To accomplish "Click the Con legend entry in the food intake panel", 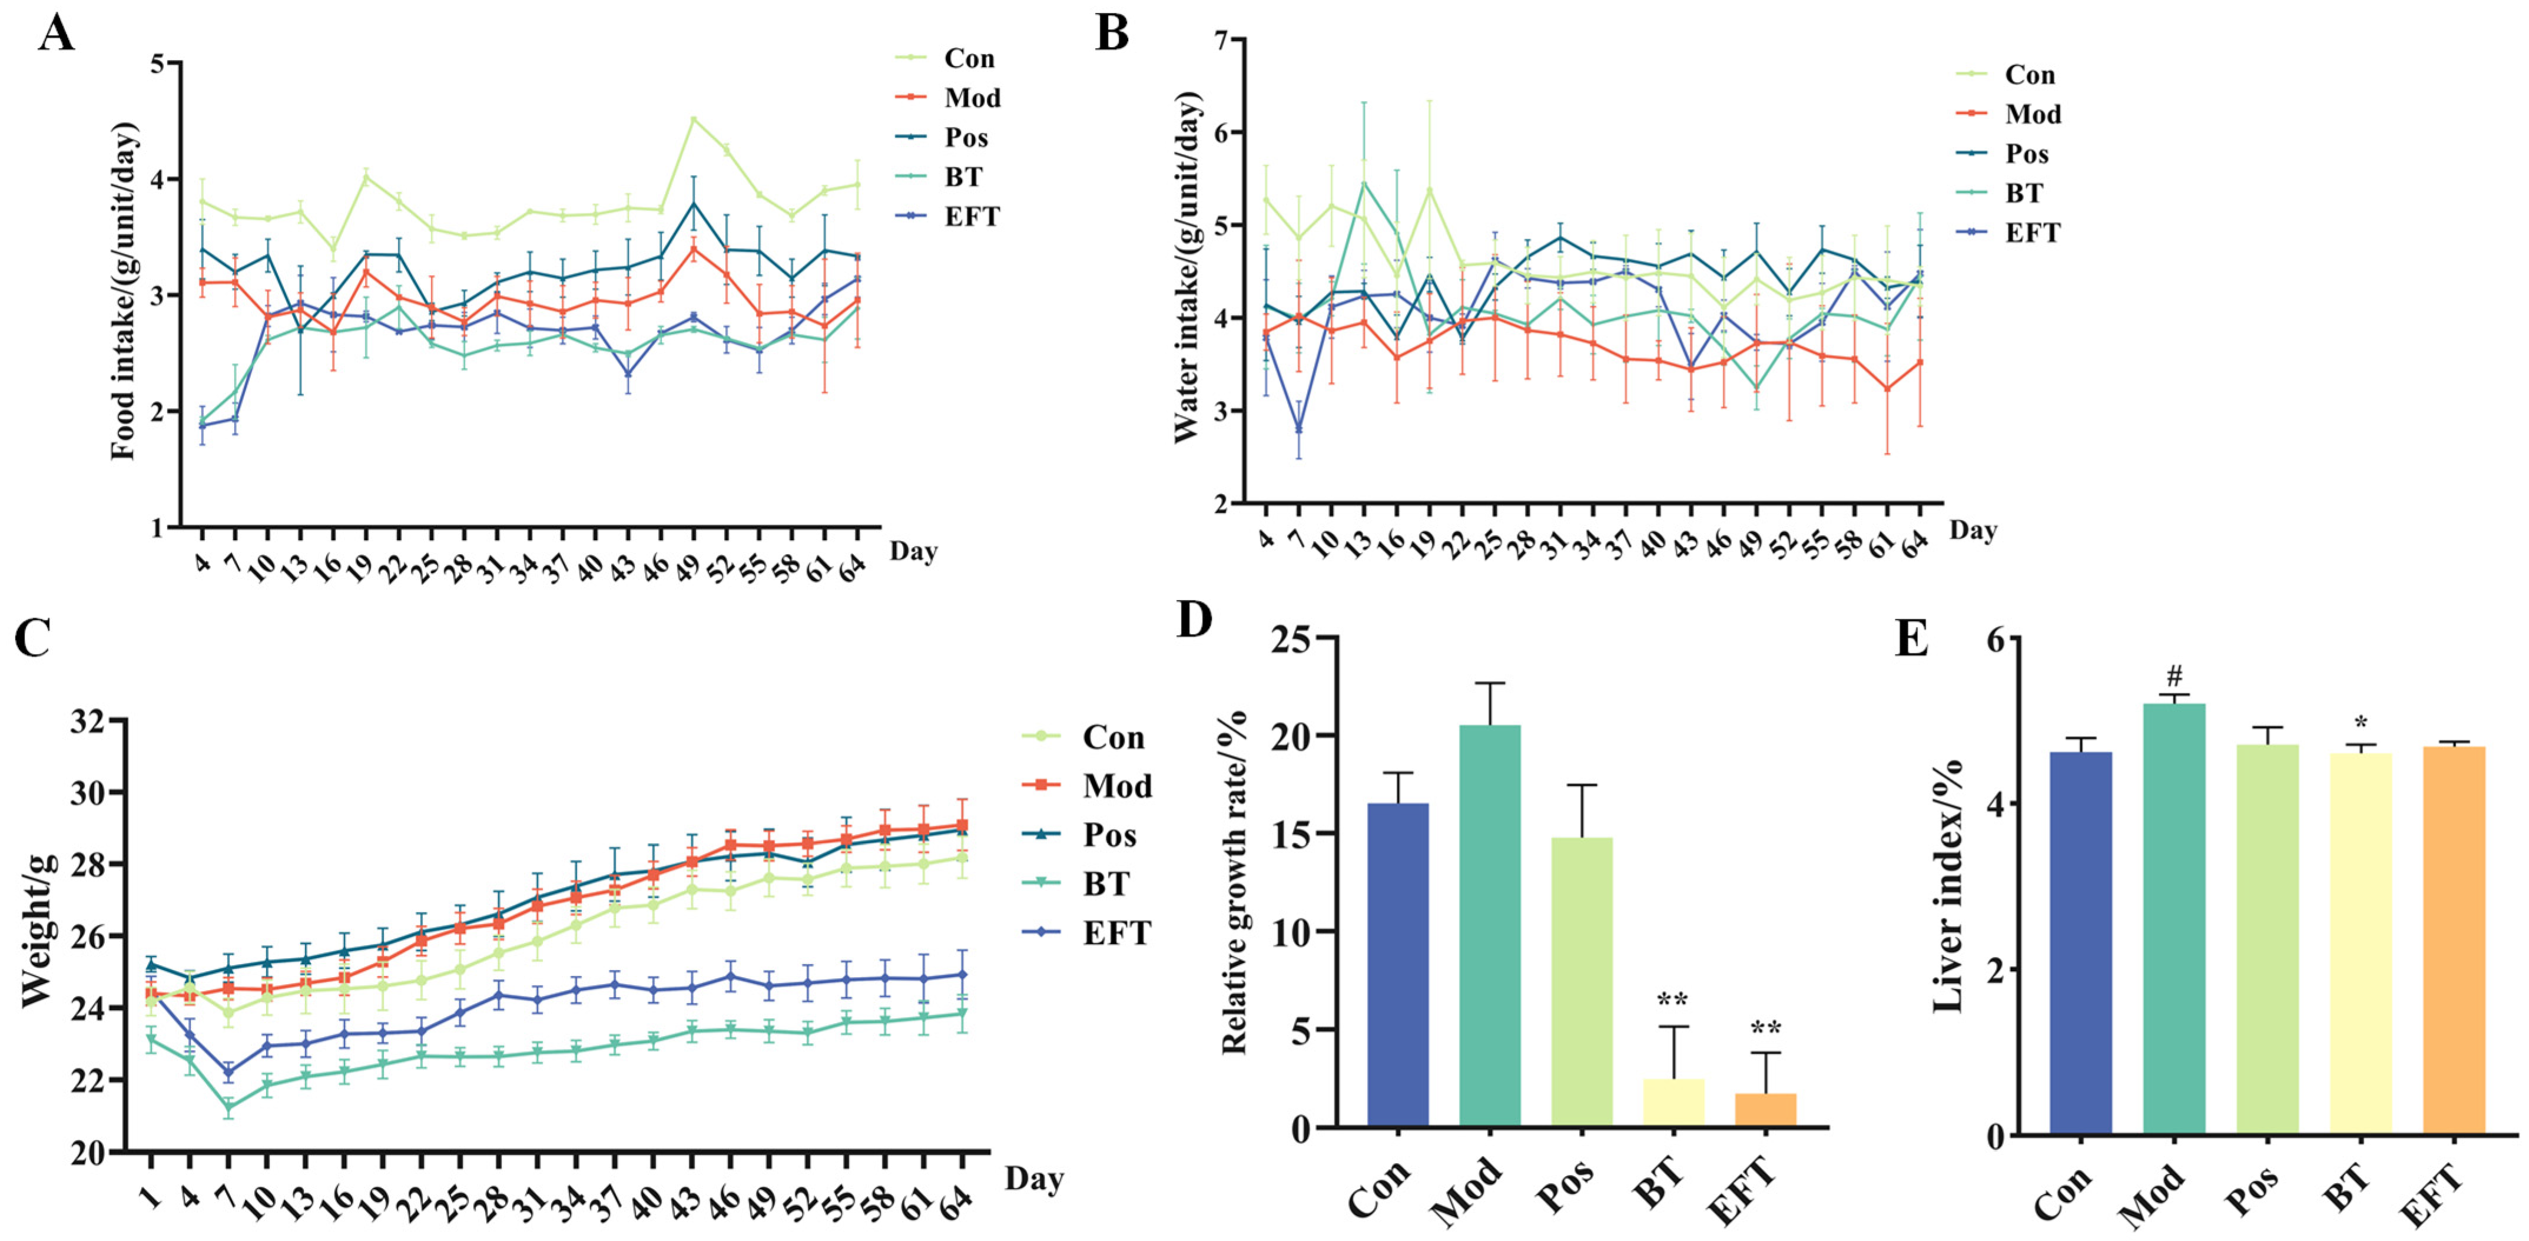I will coord(968,59).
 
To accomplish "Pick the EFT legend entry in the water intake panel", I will coord(2031,233).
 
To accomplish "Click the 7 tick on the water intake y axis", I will coord(1222,40).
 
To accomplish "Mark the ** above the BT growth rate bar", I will coord(1673,1001).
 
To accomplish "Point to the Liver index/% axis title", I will coord(1949,886).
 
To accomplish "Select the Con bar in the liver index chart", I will coord(2080,942).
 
